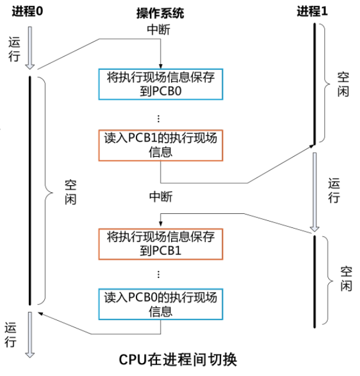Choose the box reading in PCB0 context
click(x=161, y=303)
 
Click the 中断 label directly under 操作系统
click(x=159, y=29)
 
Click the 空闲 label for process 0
click(x=70, y=192)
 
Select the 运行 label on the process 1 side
click(x=334, y=189)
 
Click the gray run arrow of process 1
click(x=315, y=191)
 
